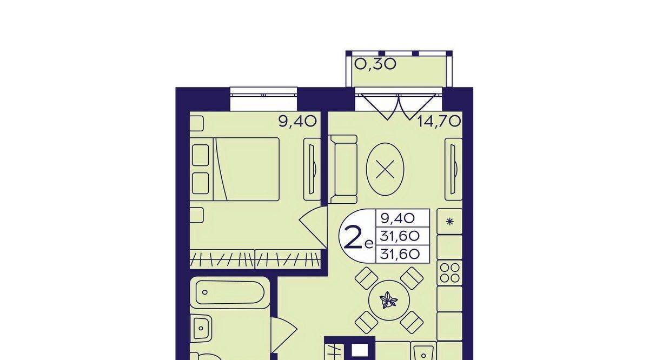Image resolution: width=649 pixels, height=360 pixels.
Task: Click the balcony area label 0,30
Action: click(375, 64)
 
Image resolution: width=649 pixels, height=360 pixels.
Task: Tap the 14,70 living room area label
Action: click(439, 121)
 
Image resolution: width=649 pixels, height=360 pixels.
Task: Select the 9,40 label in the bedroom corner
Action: click(297, 121)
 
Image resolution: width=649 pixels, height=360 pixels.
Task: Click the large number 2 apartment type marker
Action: click(353, 237)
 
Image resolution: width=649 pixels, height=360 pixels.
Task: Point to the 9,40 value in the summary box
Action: click(398, 218)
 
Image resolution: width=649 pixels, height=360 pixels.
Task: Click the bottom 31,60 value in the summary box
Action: click(400, 254)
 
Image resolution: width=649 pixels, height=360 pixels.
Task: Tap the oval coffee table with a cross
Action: click(385, 170)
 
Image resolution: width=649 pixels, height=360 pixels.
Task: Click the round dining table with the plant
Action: click(389, 301)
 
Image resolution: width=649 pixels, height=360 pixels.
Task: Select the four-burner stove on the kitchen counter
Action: click(449, 273)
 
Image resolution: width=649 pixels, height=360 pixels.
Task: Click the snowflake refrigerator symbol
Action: click(449, 222)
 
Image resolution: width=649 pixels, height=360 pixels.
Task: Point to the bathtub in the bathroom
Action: click(230, 292)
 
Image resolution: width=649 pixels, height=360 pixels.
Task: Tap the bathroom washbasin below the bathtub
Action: click(201, 329)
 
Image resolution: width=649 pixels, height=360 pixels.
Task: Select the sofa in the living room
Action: click(343, 169)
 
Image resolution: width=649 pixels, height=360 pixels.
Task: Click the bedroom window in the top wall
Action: click(264, 99)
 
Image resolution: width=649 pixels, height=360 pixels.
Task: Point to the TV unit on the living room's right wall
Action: click(453, 169)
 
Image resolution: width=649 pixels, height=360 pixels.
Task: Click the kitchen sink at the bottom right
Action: click(423, 351)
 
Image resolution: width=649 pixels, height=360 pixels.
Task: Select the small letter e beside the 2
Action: click(368, 245)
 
